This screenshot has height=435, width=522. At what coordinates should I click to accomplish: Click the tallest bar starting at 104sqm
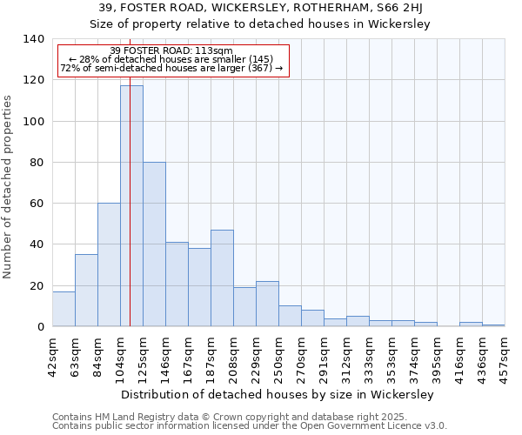point(131,205)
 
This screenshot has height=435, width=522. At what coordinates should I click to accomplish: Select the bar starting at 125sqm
point(154,244)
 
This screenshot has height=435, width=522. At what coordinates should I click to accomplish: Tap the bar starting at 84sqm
point(109,264)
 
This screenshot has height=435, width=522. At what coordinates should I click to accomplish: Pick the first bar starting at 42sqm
point(64,309)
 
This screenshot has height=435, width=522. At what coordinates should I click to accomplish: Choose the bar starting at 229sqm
point(267,304)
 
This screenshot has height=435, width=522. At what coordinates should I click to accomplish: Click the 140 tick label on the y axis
point(34,39)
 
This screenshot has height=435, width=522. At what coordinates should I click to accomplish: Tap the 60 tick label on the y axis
point(37,204)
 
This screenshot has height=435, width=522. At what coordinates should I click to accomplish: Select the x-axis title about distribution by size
point(278,395)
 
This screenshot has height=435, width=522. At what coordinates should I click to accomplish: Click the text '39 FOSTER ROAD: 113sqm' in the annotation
point(171,50)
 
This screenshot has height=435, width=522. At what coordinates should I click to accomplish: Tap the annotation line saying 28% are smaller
point(171,59)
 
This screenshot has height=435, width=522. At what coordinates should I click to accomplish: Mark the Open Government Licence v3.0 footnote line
point(250,426)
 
